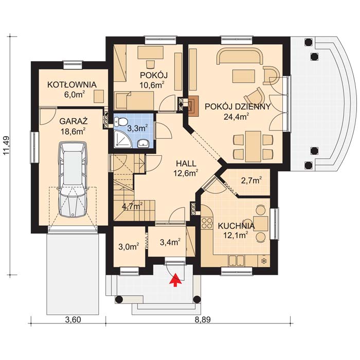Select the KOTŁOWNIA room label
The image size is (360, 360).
[x=72, y=84]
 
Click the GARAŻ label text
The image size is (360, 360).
[x=73, y=121]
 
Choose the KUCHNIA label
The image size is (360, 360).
[x=236, y=226]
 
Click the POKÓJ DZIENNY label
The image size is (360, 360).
[x=237, y=106]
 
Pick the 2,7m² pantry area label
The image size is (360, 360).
[x=251, y=180]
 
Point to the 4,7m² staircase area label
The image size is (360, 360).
[x=132, y=207]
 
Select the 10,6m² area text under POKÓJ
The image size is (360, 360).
[x=154, y=85]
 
